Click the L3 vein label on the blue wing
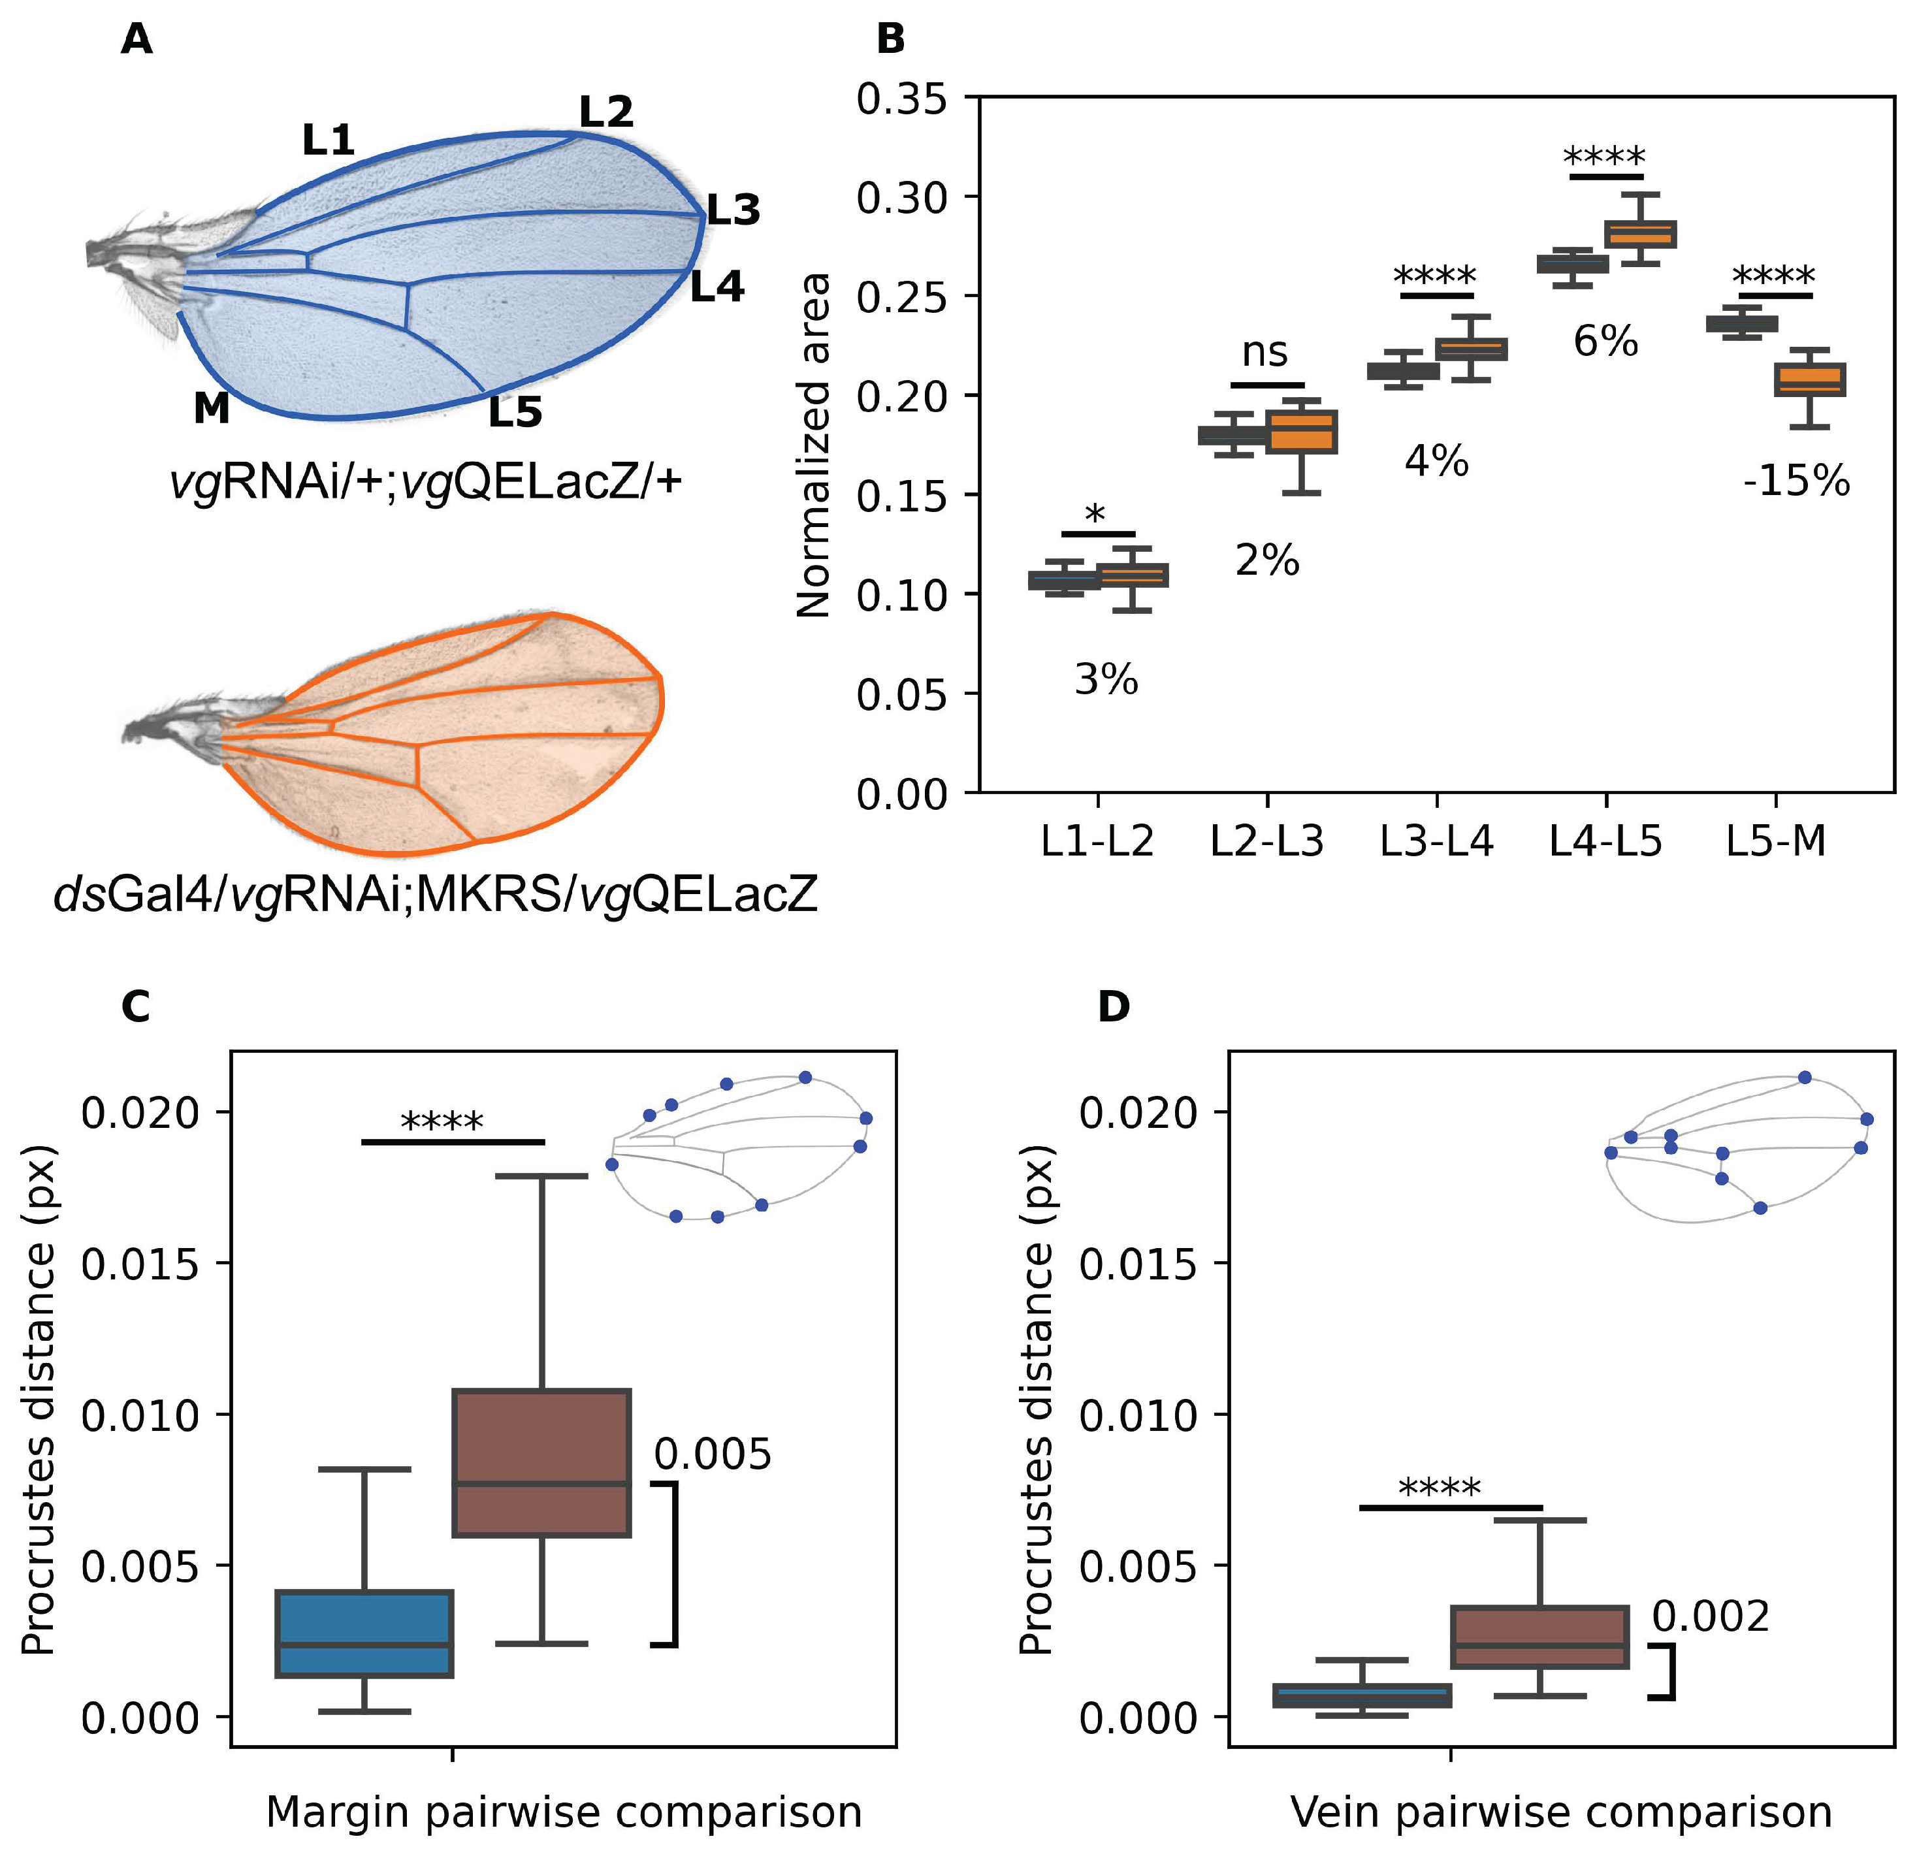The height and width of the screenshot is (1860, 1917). tap(733, 210)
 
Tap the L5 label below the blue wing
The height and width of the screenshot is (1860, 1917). tap(515, 411)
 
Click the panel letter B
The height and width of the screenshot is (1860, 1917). tap(890, 40)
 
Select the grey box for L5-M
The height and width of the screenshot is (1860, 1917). tap(1742, 324)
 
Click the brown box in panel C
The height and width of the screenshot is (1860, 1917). tap(541, 1462)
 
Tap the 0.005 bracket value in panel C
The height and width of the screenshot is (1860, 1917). tap(712, 1454)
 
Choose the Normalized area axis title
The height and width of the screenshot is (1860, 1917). tap(814, 445)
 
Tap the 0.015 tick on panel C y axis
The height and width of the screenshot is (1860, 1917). tap(140, 1264)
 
